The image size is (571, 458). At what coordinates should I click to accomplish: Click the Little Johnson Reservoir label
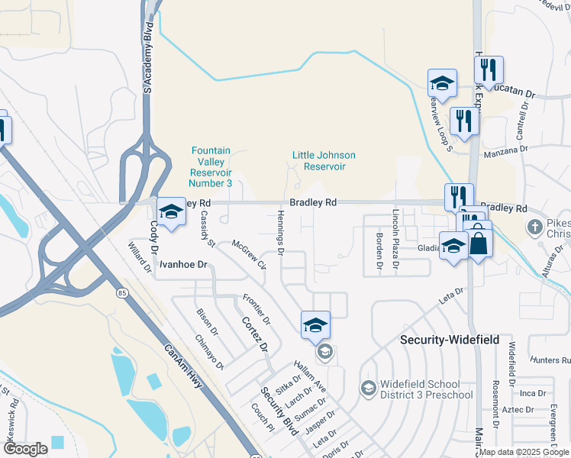pos(324,160)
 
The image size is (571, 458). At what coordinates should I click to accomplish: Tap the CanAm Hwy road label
pos(184,367)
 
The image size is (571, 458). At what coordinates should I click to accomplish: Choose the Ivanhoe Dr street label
pos(183,264)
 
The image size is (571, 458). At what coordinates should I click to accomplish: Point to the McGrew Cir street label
pos(250,255)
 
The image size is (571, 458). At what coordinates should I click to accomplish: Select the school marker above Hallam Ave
pos(315,325)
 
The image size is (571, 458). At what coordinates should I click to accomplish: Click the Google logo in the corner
pos(25,449)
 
